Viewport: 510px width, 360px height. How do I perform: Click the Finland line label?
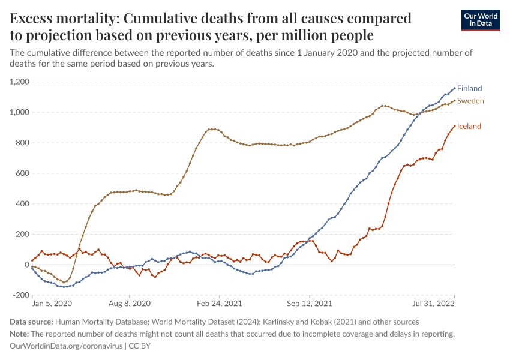click(469, 88)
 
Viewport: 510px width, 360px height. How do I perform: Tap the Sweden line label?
click(470, 101)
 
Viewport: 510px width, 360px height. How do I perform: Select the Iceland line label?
click(469, 126)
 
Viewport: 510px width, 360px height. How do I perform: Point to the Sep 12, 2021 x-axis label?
click(309, 304)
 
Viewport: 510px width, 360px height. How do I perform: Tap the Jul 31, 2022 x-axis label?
click(437, 304)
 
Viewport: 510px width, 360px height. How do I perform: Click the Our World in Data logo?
click(481, 20)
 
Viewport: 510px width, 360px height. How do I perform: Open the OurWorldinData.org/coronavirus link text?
click(66, 346)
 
